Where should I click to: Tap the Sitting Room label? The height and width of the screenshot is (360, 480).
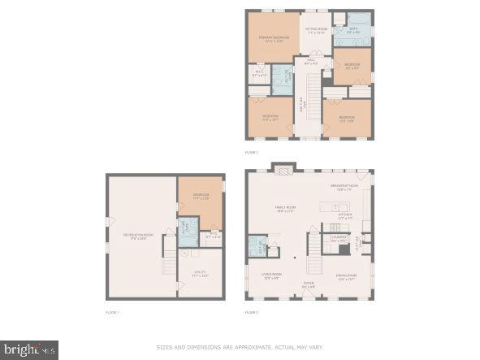[x=315, y=30]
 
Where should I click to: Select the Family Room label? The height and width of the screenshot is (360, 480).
[x=284, y=210]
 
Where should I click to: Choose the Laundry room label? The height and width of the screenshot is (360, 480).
[x=339, y=239]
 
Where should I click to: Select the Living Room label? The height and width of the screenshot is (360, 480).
[x=271, y=277]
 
